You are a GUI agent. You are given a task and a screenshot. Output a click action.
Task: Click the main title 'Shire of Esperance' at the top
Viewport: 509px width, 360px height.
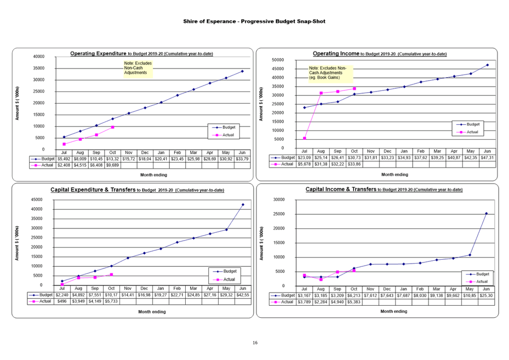[254, 21]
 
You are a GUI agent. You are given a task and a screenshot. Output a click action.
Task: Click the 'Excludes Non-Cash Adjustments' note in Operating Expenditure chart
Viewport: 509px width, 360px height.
[138, 68]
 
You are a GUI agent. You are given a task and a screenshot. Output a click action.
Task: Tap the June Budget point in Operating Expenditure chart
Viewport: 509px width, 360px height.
[242, 71]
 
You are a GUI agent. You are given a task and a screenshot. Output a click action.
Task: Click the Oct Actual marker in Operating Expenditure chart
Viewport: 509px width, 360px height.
[112, 127]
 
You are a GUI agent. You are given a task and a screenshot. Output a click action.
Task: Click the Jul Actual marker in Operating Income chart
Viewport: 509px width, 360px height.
[305, 138]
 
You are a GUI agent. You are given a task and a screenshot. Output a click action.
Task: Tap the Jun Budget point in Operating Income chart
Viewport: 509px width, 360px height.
[487, 65]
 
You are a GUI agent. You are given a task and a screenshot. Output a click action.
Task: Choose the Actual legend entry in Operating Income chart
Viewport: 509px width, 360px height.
[469, 132]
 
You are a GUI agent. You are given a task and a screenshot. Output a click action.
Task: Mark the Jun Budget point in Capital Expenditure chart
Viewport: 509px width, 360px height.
[243, 204]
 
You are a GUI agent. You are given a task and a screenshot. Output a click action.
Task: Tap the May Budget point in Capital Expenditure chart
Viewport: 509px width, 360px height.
[226, 230]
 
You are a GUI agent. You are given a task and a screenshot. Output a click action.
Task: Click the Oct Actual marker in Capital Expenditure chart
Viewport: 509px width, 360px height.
[111, 274]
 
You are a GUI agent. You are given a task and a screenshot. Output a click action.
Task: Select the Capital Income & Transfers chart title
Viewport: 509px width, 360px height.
[384, 190]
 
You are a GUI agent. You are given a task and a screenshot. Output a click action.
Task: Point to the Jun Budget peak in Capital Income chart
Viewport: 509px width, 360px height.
[486, 213]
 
